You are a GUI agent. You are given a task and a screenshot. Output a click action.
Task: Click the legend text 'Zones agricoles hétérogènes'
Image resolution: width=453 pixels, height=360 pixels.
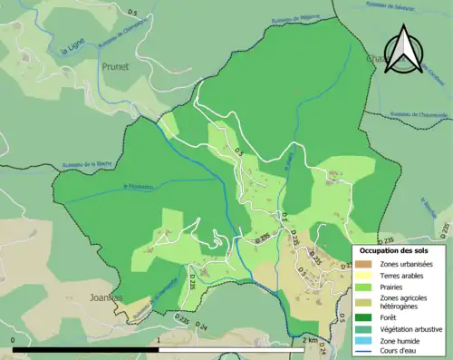(x=405, y=301)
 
